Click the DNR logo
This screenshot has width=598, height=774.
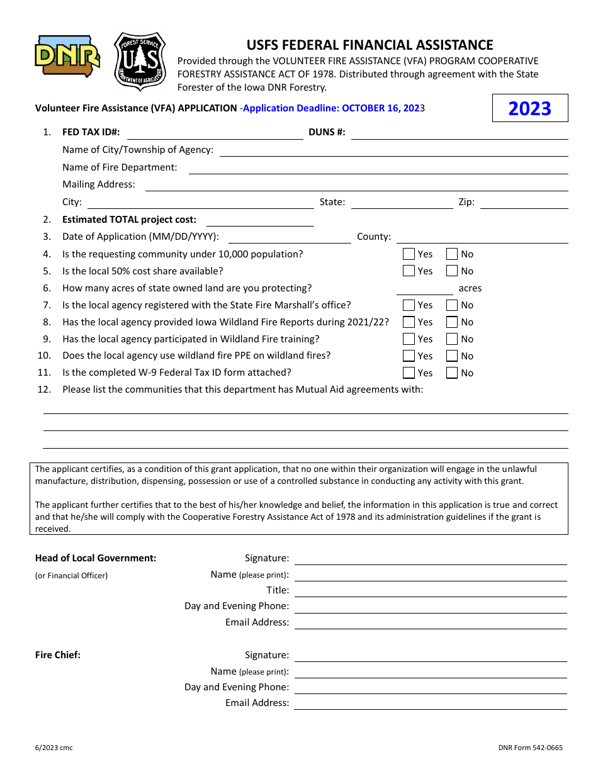pos(67,56)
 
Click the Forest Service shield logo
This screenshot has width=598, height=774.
pos(140,62)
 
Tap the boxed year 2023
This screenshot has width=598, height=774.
pos(529,108)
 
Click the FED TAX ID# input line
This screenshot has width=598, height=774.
pos(215,133)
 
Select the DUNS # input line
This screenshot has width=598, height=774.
pos(459,133)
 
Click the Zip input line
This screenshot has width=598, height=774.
pos(524,203)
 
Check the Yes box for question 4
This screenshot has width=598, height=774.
pos(409,254)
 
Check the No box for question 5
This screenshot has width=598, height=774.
pos(452,271)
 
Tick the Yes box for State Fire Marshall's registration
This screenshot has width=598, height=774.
pos(409,305)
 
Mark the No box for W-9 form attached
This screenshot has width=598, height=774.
pos(452,373)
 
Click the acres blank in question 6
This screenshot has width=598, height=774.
pos(424,289)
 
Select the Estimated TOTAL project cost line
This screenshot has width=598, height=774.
pos(260,220)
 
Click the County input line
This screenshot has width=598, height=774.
pos(482,237)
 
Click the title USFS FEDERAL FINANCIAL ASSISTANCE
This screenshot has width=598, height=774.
pos(370,45)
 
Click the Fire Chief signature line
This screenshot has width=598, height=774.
pos(431,656)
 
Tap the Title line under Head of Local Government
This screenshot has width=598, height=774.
pos(431,591)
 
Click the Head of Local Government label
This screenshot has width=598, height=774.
pos(96,558)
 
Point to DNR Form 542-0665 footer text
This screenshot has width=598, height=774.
pos(530,748)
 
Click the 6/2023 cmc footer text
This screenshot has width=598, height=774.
pos(54,748)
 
